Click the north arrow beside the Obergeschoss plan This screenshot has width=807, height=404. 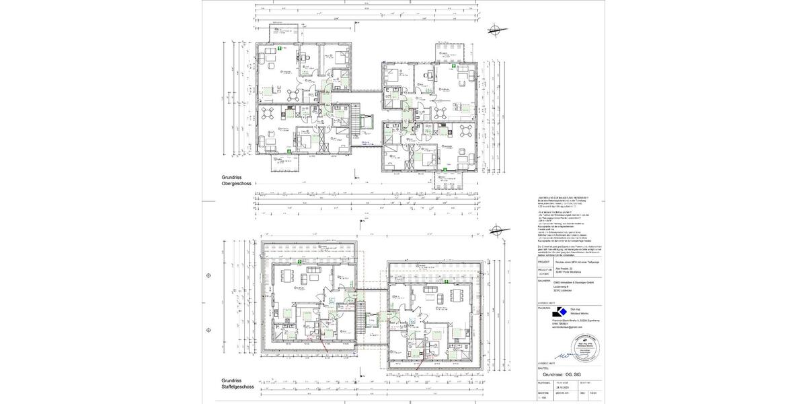(496, 29)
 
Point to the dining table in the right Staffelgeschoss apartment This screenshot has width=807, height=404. (457, 296)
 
